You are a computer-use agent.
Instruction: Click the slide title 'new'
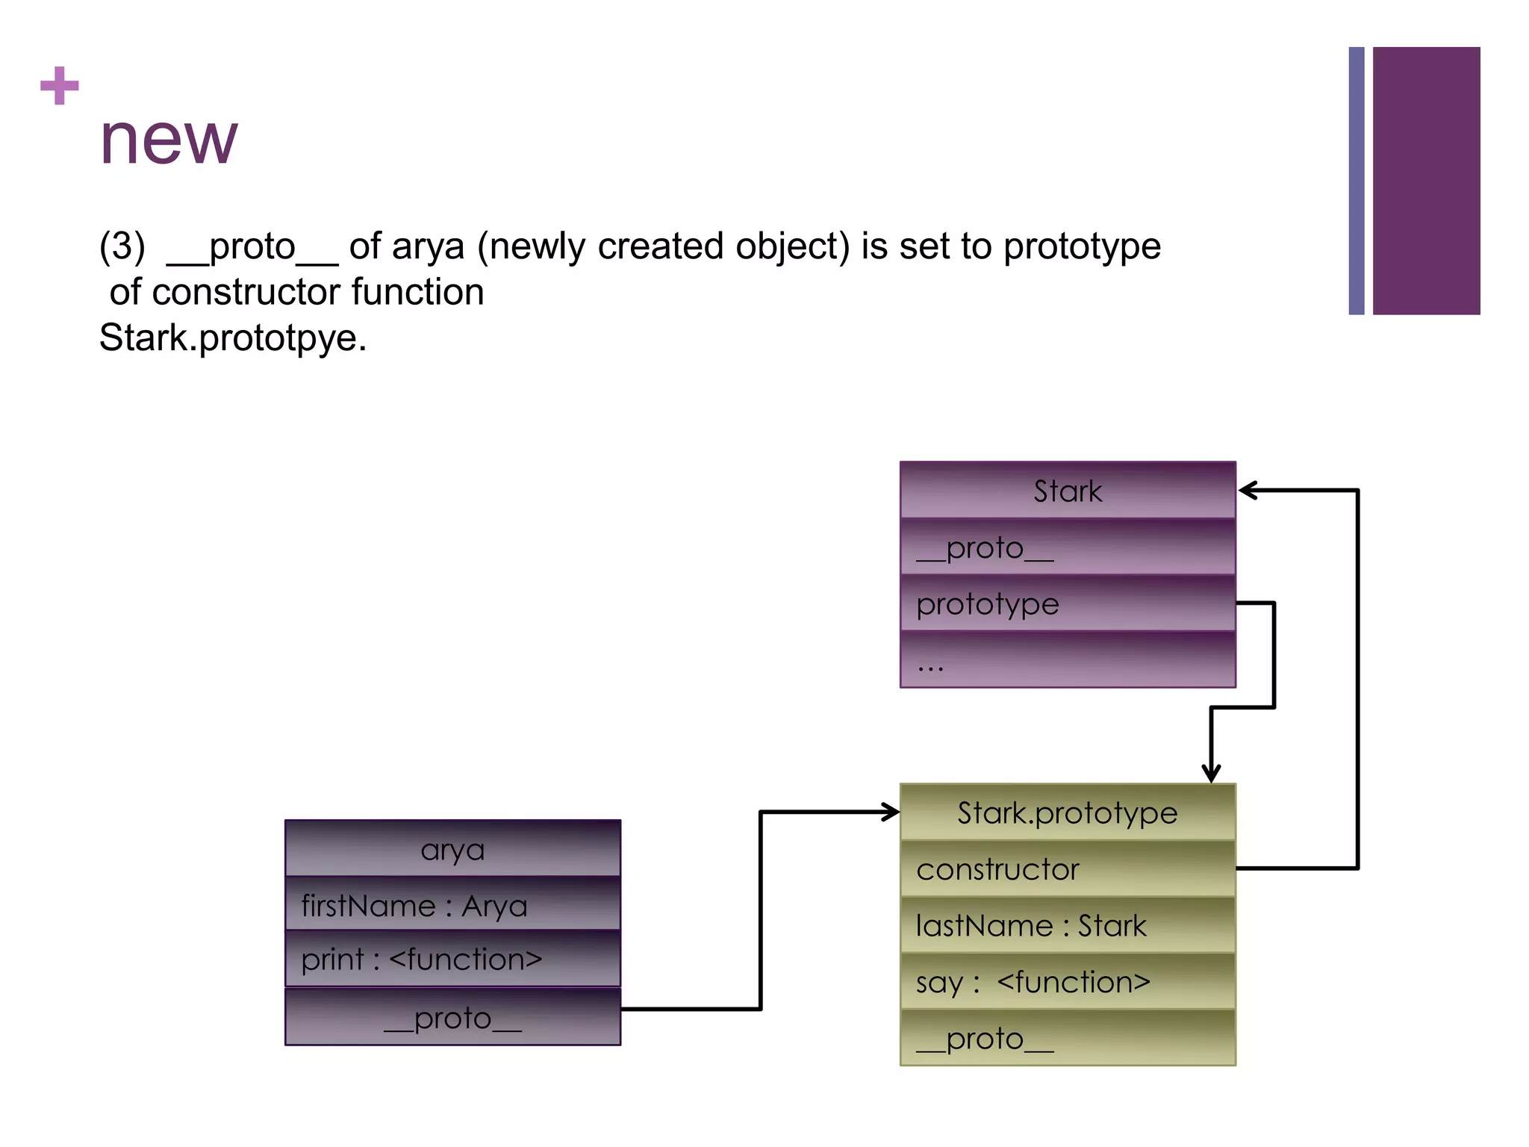tap(169, 140)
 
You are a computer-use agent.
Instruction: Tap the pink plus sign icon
tap(60, 86)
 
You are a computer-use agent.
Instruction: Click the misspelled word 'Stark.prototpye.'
tap(233, 338)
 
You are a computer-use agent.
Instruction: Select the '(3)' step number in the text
tap(122, 246)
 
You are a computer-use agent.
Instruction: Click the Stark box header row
tap(1067, 491)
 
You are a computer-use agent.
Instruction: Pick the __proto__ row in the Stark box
tap(1067, 547)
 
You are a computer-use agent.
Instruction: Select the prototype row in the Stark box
tap(1067, 603)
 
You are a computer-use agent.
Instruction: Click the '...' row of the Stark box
tap(1067, 660)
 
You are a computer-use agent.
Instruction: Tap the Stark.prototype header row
tap(1067, 812)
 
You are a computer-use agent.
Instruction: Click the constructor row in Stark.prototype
tap(1067, 869)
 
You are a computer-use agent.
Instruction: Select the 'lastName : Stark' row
tap(1067, 926)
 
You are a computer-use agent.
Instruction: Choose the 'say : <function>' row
tap(1067, 982)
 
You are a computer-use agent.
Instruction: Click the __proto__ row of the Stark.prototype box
tap(1067, 1039)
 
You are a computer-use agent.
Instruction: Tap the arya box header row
tap(452, 849)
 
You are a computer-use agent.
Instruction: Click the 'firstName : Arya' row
tap(452, 905)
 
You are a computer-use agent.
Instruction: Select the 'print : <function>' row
tap(452, 960)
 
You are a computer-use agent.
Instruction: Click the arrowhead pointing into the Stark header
tap(1248, 491)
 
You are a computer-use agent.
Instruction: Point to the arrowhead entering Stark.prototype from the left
tap(891, 812)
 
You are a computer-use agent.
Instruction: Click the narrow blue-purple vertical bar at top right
tap(1356, 181)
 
